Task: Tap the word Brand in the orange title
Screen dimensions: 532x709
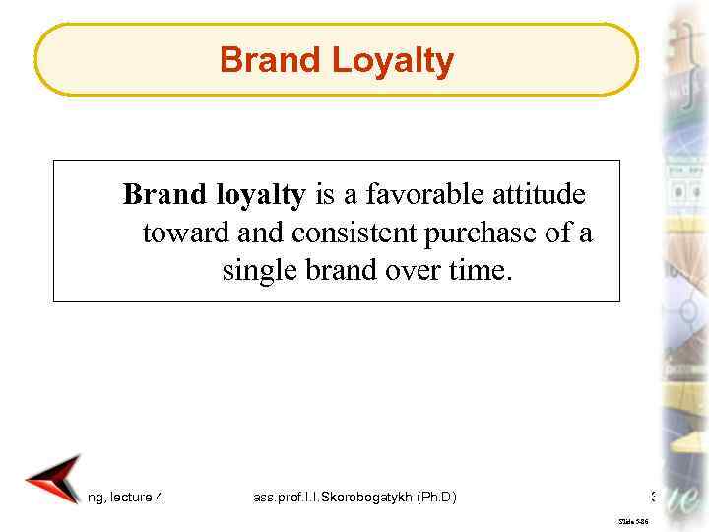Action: coord(272,61)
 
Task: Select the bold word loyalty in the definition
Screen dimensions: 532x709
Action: coord(261,196)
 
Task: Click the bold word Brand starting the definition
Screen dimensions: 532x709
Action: coord(165,196)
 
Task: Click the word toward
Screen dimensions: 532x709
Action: coord(182,233)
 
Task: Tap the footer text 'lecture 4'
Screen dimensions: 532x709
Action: coord(138,498)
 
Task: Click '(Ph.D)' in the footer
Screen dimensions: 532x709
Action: coord(434,498)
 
